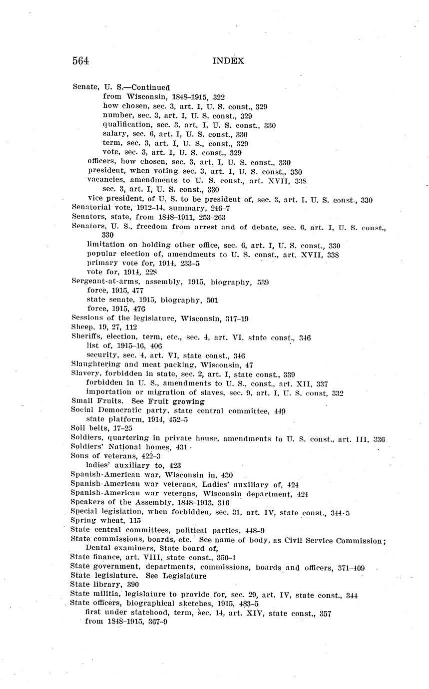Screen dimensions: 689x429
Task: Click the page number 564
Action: [80, 61]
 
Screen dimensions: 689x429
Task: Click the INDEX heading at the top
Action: [228, 61]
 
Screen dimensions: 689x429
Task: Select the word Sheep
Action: [82, 327]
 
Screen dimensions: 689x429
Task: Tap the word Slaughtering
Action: [94, 364]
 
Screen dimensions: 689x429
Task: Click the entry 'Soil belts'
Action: [90, 428]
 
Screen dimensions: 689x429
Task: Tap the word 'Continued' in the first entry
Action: [150, 87]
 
